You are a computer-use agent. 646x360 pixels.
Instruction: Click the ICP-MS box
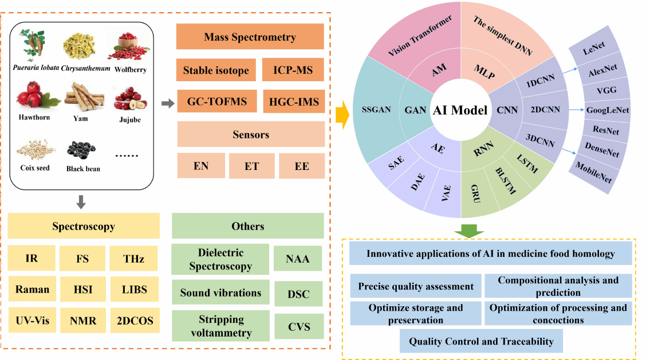click(x=293, y=70)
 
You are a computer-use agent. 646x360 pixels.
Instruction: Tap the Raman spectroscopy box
click(x=32, y=290)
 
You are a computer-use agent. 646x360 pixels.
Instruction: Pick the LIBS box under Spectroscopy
click(x=133, y=290)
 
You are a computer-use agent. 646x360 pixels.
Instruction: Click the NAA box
click(x=298, y=259)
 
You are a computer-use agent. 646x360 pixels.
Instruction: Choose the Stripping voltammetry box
click(x=220, y=326)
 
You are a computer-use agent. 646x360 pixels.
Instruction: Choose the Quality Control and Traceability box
click(x=481, y=342)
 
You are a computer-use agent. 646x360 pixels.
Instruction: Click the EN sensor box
click(x=200, y=166)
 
